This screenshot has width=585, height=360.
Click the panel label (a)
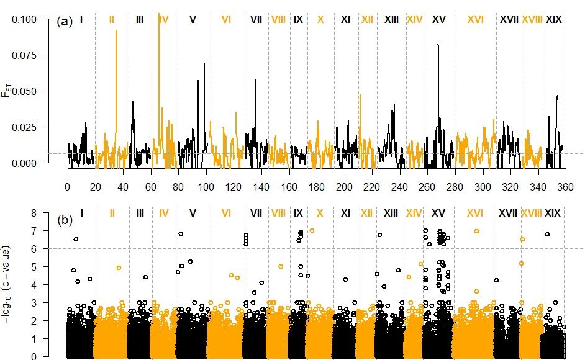pos(65,21)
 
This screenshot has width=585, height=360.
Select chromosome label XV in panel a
pos(438,20)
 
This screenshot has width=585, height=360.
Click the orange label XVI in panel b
pos(475,213)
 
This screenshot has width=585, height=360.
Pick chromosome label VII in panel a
pos(256,20)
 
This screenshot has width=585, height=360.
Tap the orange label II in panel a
pos(111,20)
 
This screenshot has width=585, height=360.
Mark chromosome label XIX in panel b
pos(552,213)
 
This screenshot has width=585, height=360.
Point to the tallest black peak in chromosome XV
pos(438,46)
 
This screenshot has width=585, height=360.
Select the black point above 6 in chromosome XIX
pos(547,234)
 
